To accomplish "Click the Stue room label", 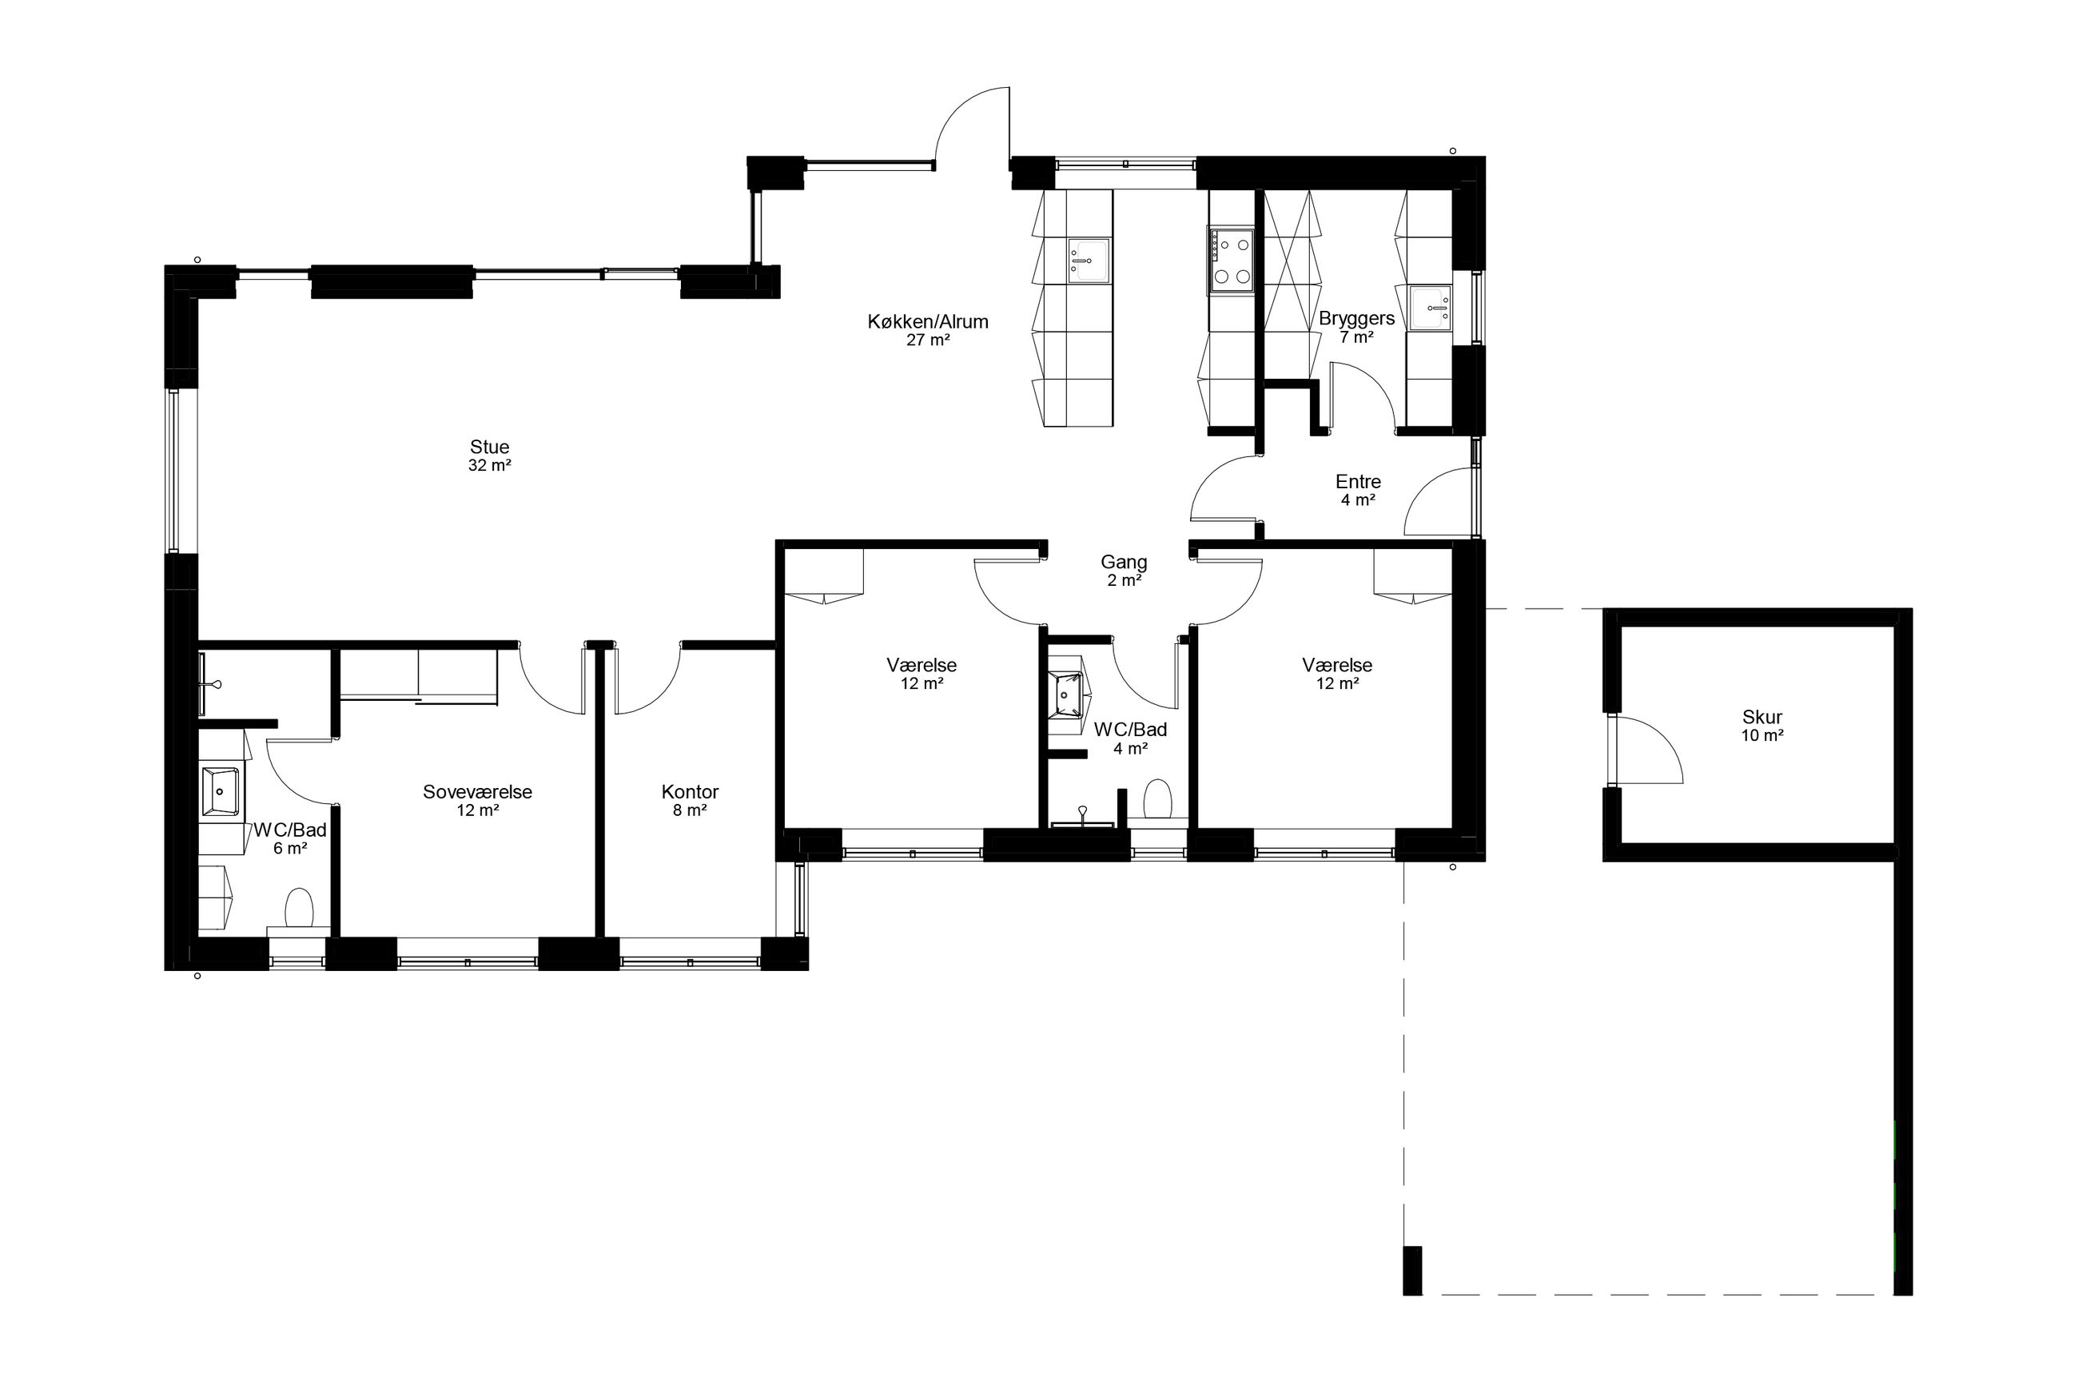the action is [x=489, y=447].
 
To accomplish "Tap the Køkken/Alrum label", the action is [x=927, y=321].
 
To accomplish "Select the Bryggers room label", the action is [x=1356, y=318].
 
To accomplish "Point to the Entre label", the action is [x=1358, y=481].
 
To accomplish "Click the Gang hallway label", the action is [x=1124, y=562].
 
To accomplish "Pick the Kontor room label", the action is [x=690, y=791].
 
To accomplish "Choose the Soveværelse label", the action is [x=477, y=791].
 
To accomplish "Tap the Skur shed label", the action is [x=1762, y=717].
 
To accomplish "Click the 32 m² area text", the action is [x=489, y=465].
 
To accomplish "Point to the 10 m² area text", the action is [x=1762, y=736].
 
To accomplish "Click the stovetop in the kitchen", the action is [x=1231, y=260].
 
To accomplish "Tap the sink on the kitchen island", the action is [x=1088, y=261].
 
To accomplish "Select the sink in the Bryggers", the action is [x=1430, y=308].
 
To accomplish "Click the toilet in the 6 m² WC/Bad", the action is [x=300, y=908].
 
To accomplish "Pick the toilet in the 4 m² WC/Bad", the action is [x=1157, y=799].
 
